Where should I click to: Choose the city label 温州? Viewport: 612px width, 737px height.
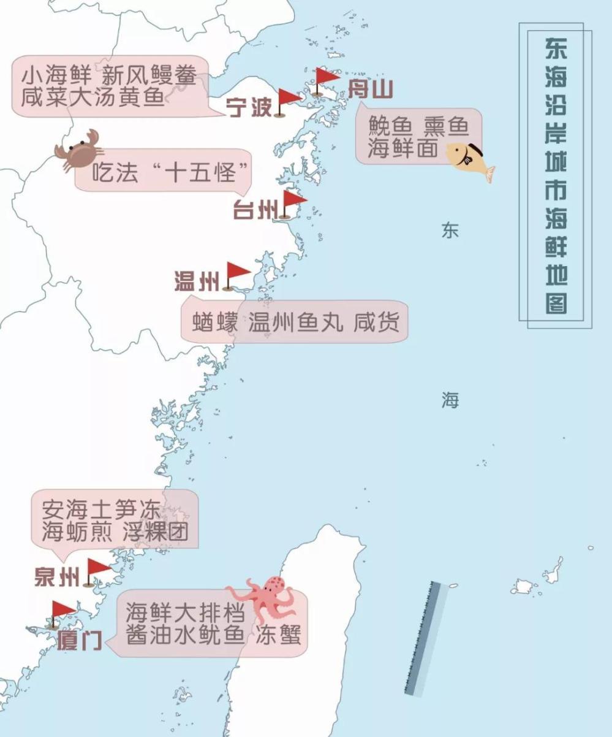coord(197,283)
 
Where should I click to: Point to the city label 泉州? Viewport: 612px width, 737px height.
coord(57,577)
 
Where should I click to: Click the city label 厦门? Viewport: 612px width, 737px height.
coord(80,640)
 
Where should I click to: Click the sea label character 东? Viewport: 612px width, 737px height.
coord(450,231)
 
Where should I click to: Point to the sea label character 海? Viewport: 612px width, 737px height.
coord(450,401)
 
